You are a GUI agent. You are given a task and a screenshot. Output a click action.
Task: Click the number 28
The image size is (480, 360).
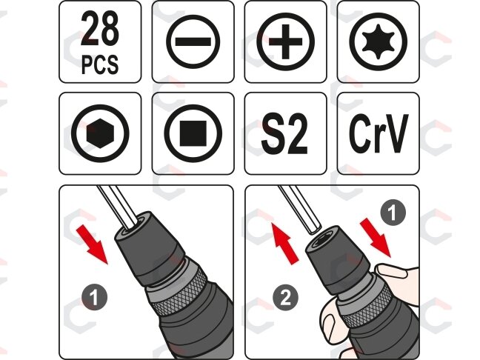click(x=100, y=29)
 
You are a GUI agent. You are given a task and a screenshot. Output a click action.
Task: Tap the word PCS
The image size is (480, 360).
click(x=100, y=64)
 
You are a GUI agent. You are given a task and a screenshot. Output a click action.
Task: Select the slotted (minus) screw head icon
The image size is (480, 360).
click(x=193, y=41)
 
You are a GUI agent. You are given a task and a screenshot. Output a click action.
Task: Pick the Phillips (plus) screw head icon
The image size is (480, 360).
click(x=286, y=41)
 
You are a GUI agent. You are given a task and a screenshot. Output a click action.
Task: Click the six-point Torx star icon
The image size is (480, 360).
click(x=379, y=41)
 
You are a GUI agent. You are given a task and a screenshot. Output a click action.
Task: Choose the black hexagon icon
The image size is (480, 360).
click(x=100, y=133)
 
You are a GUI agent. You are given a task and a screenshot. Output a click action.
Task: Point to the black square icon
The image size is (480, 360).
click(x=193, y=133)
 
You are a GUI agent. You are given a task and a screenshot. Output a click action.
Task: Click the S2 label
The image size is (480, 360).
click(x=284, y=133)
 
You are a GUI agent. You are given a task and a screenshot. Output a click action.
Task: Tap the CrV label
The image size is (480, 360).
click(x=379, y=133)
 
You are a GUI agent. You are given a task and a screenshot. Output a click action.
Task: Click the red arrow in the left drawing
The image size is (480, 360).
click(x=93, y=244)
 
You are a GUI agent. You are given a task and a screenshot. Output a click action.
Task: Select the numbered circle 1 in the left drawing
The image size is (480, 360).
click(x=94, y=297)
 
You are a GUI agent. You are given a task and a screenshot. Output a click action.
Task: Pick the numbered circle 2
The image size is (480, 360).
click(x=285, y=298)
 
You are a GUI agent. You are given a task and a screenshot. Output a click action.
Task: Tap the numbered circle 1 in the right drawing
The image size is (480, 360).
click(x=393, y=213)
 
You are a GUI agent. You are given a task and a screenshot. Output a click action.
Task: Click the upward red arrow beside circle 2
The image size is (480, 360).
click(x=284, y=243)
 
